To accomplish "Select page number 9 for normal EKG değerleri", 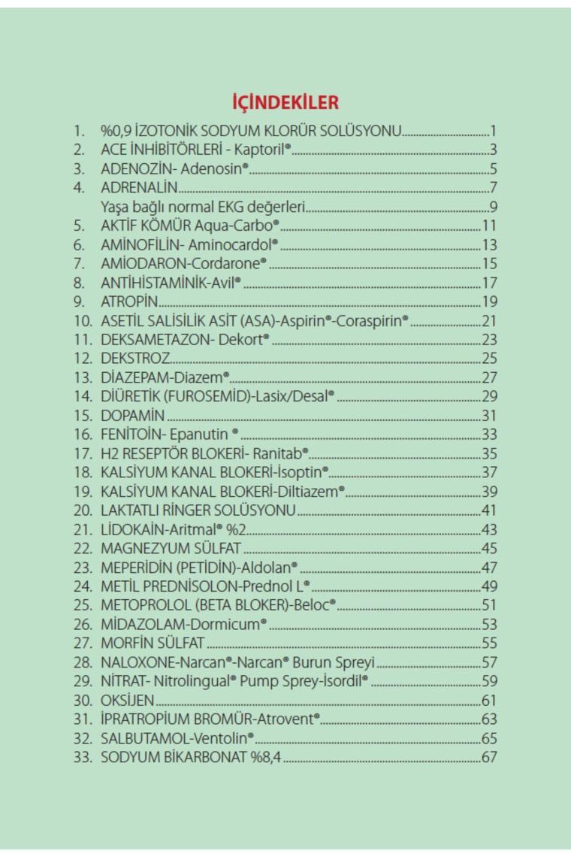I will click(x=493, y=207).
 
